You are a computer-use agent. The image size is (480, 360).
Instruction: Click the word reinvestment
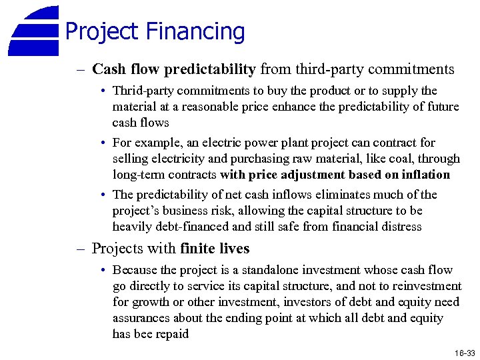coord(425,286)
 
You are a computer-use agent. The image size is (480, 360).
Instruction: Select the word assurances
coord(142,318)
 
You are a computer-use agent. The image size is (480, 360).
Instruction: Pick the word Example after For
coord(157,143)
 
